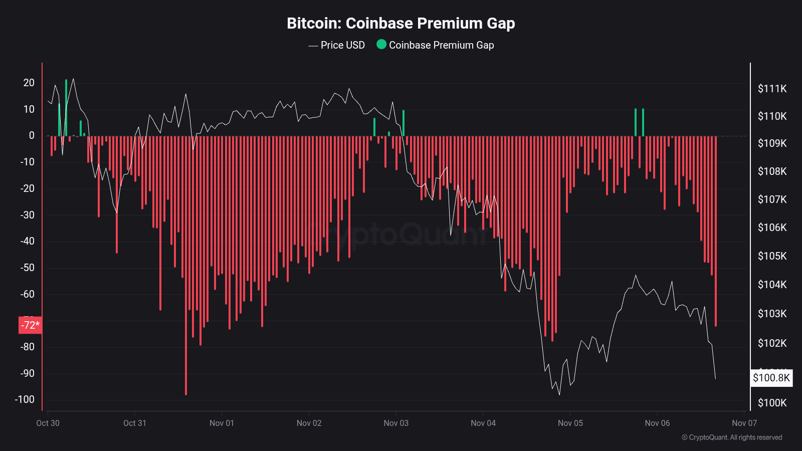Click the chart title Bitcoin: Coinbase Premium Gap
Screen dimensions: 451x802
pos(400,23)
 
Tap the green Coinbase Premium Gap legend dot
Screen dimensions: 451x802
pos(381,45)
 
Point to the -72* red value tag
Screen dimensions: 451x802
pos(30,325)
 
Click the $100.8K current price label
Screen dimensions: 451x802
pos(771,378)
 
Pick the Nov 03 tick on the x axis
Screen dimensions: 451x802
pos(396,423)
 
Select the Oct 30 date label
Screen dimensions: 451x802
pos(48,423)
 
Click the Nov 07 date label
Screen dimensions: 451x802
pos(744,423)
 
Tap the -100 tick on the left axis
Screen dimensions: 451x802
pos(25,399)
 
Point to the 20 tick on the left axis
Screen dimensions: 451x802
pos(29,83)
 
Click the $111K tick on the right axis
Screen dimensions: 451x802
pos(772,89)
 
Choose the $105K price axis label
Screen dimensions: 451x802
pos(772,256)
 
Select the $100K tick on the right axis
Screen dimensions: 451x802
pos(772,403)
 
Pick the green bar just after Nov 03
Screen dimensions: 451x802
pos(404,123)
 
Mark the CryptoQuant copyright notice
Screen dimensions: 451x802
pos(732,437)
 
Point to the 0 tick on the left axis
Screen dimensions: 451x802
pos(32,135)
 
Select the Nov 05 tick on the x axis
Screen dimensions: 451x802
pos(570,423)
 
